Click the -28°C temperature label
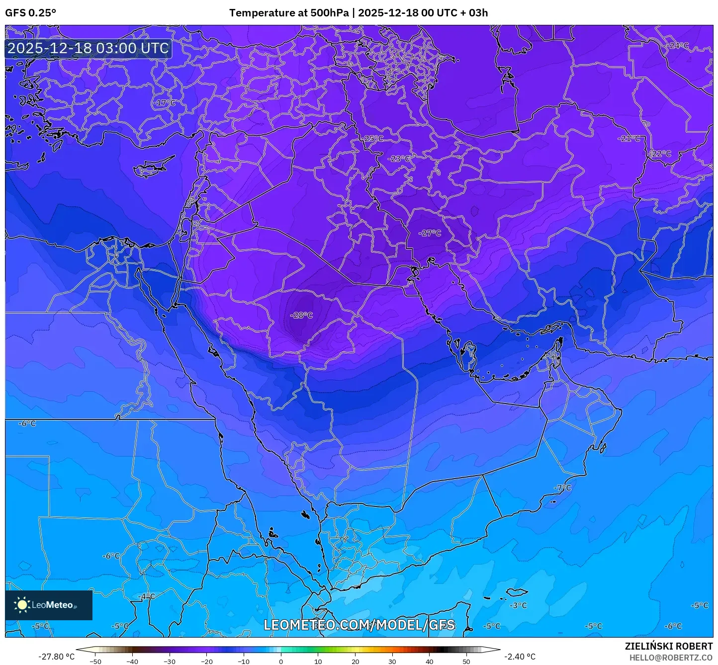tap(301, 315)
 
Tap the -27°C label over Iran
tap(430, 233)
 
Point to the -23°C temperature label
tap(399, 159)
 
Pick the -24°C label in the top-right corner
tap(678, 46)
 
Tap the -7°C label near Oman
tap(563, 488)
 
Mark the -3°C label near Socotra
tap(518, 605)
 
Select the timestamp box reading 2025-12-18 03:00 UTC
tap(89, 48)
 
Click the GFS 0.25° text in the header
tap(30, 13)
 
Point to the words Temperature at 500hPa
tap(289, 13)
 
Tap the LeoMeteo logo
tap(49, 605)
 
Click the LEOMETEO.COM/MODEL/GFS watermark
tap(359, 625)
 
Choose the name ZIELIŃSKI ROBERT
tap(668, 646)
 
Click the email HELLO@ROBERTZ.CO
tap(671, 657)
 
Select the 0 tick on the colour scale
tap(281, 661)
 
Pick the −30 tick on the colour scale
tap(170, 661)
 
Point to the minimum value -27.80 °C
tap(56, 657)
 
